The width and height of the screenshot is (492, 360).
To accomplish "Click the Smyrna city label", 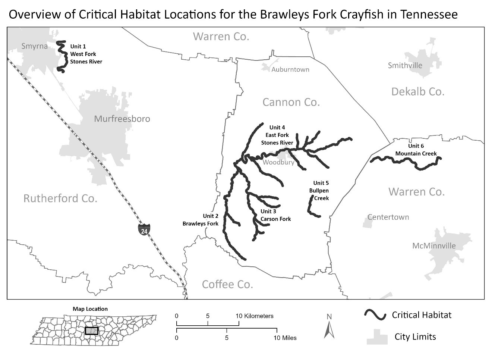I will (x=34, y=46).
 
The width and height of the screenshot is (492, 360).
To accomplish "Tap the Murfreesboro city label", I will (x=122, y=119).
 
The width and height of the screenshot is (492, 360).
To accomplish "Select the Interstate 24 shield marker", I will (x=144, y=229).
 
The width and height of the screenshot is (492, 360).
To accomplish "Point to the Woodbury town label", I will (x=278, y=162).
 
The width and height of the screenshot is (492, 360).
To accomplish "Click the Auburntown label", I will (x=290, y=69).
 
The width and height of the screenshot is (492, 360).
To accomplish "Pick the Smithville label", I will (x=405, y=66).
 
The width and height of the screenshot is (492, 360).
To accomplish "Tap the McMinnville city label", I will (x=434, y=246).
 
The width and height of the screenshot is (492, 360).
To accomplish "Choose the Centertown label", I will (x=388, y=217).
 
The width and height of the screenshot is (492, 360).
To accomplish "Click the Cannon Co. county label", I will (x=291, y=102).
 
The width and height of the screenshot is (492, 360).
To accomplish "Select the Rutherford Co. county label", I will (x=60, y=198).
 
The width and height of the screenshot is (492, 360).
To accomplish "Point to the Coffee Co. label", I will (x=227, y=284).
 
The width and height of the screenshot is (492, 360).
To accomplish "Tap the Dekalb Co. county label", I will (x=418, y=92).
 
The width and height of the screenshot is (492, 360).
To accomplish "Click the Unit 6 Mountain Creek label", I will (x=416, y=150).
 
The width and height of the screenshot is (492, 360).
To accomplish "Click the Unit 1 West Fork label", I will (x=86, y=54).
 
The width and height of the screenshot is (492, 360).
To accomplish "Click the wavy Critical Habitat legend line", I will (x=375, y=315).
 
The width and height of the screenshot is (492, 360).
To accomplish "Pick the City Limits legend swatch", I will (x=377, y=336).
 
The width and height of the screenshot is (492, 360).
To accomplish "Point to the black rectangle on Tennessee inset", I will (x=91, y=331).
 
